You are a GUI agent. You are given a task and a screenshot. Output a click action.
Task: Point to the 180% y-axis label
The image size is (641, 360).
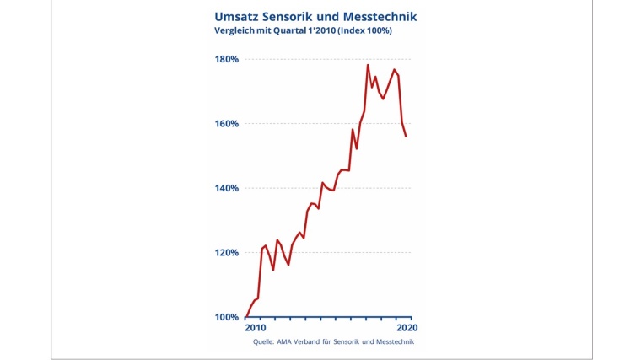point(225,60)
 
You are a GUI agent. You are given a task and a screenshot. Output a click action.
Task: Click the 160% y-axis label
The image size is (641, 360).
point(225,124)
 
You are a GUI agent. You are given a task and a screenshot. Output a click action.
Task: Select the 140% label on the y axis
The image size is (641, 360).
point(225,188)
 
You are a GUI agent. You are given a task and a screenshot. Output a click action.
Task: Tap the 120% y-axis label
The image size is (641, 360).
point(225,253)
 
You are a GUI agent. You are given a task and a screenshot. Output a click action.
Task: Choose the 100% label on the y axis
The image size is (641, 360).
point(225,317)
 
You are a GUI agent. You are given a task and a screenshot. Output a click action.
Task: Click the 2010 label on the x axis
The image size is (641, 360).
point(255,327)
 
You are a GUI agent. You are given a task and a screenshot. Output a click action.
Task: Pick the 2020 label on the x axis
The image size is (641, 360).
point(407,327)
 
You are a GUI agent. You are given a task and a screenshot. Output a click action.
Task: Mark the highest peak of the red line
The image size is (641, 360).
point(368,65)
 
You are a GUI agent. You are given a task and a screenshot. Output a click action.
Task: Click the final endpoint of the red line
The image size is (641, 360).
point(407,136)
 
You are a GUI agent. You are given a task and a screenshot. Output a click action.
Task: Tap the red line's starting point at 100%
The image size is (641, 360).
point(245,317)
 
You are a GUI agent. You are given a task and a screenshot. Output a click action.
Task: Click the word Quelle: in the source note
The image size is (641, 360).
point(265,342)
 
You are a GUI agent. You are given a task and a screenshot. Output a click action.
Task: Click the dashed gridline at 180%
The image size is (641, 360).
point(304,59)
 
